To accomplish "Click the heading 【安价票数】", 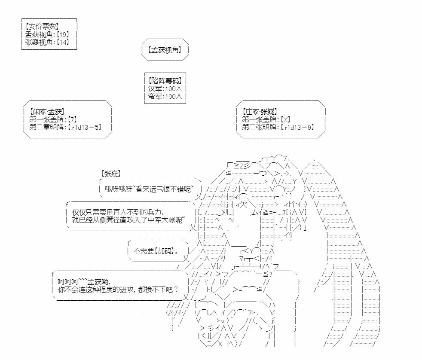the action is coord(42,26).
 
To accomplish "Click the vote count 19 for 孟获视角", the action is coord(63,34).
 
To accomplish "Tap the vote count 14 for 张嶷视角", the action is coord(63,42).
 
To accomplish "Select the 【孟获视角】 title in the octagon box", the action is coord(165,50).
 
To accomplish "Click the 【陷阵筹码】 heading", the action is coord(165,81).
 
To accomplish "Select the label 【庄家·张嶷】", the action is coord(259,112).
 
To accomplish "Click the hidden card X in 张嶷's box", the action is coord(285,119).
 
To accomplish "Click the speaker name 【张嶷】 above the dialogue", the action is coord(111,174).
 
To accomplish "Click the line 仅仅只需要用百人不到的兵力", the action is coord(117,212).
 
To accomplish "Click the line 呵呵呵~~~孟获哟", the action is coord(84,282).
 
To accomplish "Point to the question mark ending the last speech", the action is coord(176,290).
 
